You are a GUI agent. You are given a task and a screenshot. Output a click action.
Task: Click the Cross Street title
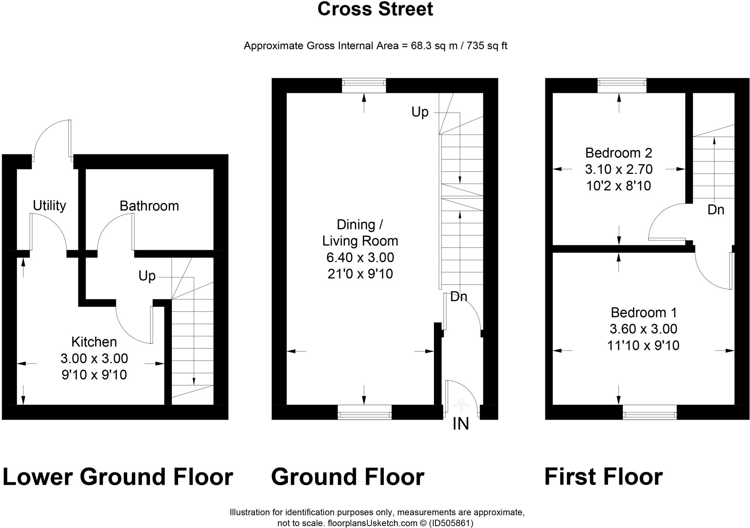375,9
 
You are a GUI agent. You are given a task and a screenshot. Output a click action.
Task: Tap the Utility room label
49,206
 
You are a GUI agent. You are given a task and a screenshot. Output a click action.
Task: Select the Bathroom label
149,206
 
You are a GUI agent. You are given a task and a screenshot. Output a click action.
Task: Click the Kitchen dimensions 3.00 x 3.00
94,359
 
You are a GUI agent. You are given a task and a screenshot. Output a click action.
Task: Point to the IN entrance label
461,424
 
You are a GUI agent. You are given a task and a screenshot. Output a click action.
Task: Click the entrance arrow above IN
461,405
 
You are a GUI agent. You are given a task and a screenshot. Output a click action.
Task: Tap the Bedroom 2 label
619,153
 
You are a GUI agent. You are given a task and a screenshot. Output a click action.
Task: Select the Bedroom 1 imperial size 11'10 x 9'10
643,345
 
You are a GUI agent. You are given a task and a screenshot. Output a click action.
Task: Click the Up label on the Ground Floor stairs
420,112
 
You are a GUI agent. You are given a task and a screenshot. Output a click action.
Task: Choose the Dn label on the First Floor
716,210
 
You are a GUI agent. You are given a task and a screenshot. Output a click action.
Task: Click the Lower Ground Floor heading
118,477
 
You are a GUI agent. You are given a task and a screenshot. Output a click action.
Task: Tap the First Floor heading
603,477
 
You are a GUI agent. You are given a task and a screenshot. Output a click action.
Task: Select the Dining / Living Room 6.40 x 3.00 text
360,258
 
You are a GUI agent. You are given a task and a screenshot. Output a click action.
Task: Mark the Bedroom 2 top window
621,85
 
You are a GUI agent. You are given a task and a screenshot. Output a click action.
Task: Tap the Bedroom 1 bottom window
649,412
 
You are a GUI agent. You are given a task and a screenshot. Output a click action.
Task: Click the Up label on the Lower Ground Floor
147,276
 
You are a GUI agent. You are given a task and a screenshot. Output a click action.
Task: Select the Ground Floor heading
347,477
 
